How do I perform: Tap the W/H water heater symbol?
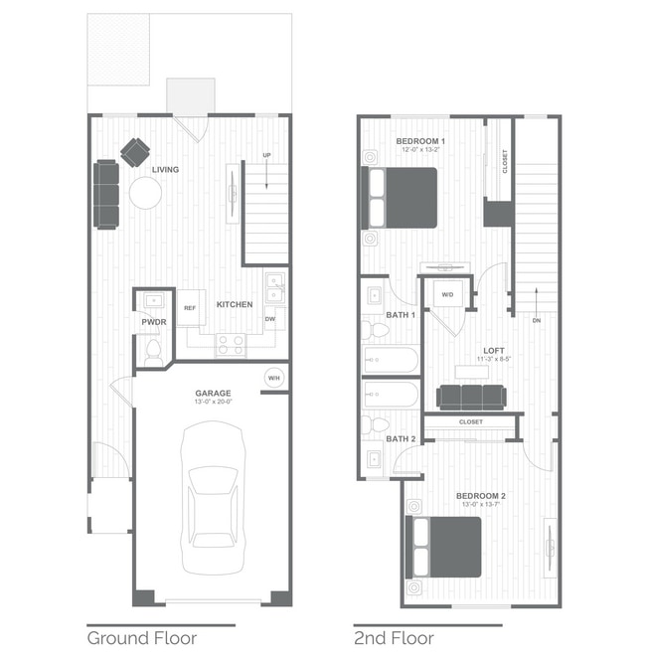coord(273,378)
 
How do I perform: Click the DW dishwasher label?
coord(269,319)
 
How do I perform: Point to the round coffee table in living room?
coord(145,193)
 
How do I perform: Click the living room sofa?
coord(106,193)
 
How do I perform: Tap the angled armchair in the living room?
coord(135,151)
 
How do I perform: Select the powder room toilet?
coord(153,350)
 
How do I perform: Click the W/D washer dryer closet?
coord(446,295)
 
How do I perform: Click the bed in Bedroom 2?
coord(444,547)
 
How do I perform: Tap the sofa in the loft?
coord(472,398)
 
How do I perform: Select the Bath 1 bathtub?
coord(392,359)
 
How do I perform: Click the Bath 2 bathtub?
coord(392,395)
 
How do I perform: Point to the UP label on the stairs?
coord(266,156)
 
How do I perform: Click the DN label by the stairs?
coord(537,321)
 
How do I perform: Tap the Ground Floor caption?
coord(141,638)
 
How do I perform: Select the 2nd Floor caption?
coord(396,638)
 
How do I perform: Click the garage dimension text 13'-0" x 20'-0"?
coord(213,403)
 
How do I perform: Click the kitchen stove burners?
coord(231,344)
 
